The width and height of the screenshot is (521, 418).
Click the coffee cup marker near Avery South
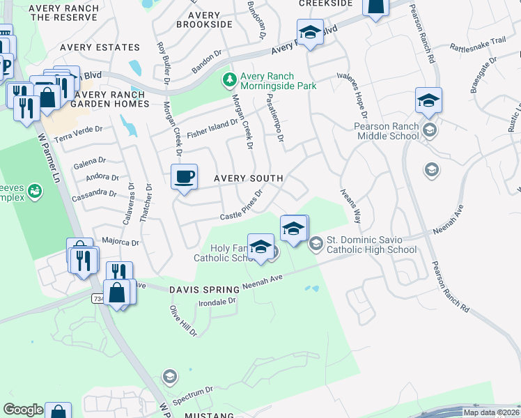tap(185, 177)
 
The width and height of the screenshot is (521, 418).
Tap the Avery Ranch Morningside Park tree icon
tap(229, 80)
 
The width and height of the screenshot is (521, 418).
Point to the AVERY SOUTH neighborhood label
tap(248, 178)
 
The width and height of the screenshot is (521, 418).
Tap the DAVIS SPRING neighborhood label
tap(199, 288)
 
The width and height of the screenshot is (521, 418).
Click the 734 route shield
tap(98, 298)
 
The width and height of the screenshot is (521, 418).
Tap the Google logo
tap(23, 410)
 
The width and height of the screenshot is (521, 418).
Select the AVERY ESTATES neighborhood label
tap(100, 47)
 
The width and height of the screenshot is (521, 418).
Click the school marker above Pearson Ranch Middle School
tap(428, 102)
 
